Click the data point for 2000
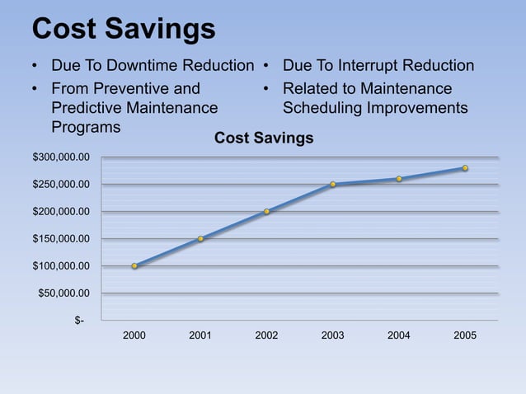[x=134, y=266]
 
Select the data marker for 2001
[x=200, y=239]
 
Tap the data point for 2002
[x=266, y=212]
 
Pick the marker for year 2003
[x=332, y=185]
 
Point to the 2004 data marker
[x=399, y=179]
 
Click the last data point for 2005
[x=465, y=168]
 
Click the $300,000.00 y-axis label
[x=61, y=157]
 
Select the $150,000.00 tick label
[x=61, y=239]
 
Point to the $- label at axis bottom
[x=79, y=321]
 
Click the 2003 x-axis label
[x=332, y=336]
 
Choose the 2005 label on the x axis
[x=465, y=336]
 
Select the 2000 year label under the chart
[x=134, y=336]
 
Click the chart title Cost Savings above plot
[x=264, y=138]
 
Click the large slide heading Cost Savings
[x=124, y=29]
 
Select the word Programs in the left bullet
[x=86, y=127]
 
